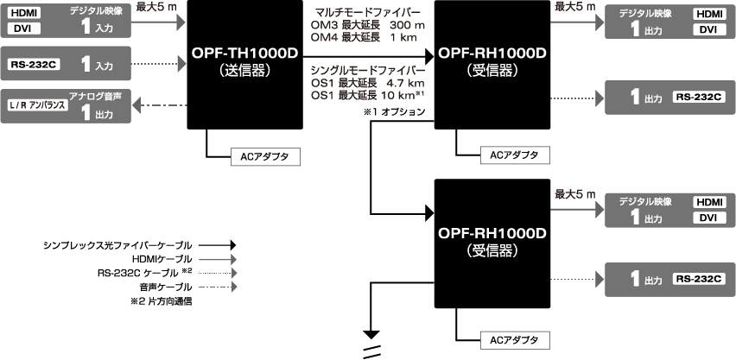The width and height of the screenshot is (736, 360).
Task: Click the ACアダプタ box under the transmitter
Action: (265, 156)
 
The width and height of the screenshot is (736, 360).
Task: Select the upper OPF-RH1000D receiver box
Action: (492, 65)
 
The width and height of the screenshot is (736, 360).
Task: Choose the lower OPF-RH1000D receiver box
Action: (492, 242)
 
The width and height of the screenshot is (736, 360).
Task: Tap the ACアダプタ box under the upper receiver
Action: (514, 155)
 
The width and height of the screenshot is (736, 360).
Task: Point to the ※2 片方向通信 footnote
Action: (160, 302)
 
